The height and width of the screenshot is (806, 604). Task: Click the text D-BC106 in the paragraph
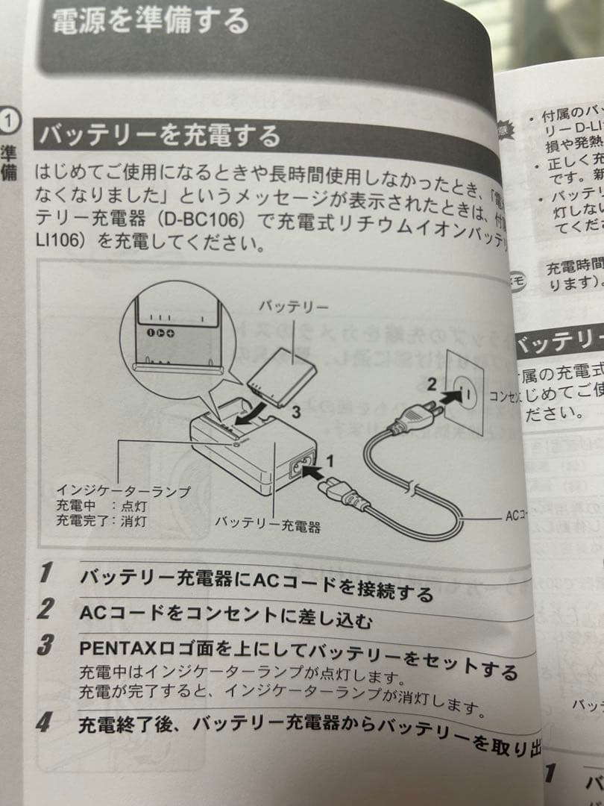(215, 222)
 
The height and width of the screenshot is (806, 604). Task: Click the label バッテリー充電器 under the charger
(268, 524)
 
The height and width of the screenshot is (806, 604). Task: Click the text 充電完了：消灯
(101, 520)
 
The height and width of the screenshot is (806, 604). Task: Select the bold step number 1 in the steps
(45, 573)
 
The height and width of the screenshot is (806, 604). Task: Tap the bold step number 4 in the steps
(44, 722)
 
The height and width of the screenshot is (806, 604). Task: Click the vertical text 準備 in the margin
(8, 161)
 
